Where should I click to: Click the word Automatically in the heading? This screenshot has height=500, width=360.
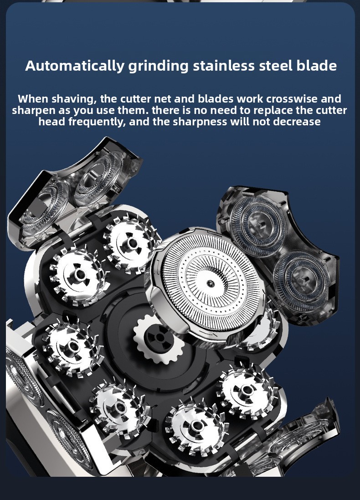[x=74, y=66]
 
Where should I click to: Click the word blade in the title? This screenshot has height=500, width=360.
[x=317, y=65]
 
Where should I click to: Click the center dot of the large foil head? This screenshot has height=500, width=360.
[x=210, y=283]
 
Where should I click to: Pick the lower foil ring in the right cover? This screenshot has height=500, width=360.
[x=301, y=281]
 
